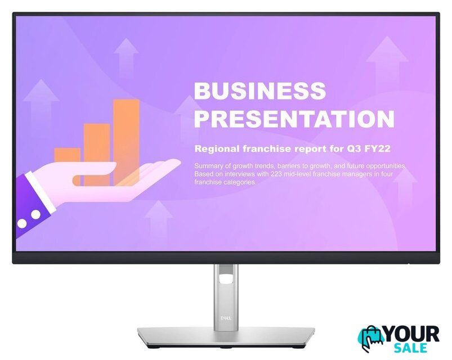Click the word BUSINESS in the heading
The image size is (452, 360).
pyautogui.click(x=259, y=90)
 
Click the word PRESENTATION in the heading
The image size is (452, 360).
pyautogui.click(x=294, y=118)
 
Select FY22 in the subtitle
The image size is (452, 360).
pyautogui.click(x=377, y=148)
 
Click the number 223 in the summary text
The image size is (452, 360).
pyautogui.click(x=276, y=174)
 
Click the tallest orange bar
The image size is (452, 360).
pyautogui.click(x=126, y=142)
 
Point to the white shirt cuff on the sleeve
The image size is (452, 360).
pyautogui.click(x=40, y=190)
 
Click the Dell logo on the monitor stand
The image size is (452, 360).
pyautogui.click(x=226, y=318)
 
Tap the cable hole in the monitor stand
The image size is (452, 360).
pyautogui.click(x=226, y=279)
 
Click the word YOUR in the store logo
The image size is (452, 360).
pyautogui.click(x=411, y=334)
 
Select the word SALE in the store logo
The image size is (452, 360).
pyautogui.click(x=410, y=348)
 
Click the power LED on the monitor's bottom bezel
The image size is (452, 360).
pyautogui.click(x=409, y=263)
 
